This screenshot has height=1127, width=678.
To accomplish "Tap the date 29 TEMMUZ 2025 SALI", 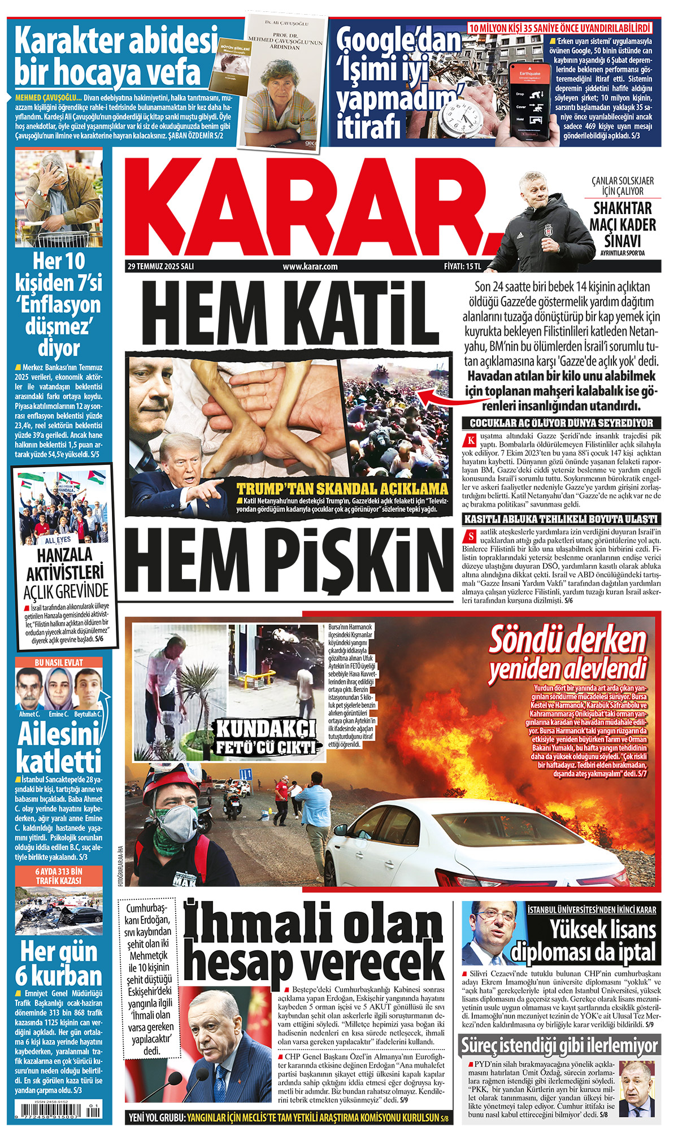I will pos(160,266).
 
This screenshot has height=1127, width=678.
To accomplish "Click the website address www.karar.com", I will pos(310,266).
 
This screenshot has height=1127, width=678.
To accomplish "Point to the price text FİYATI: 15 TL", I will pos(462,266).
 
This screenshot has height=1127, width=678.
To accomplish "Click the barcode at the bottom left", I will pos(59,1111).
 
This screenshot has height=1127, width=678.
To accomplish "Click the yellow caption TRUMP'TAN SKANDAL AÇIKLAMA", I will pos(342,489).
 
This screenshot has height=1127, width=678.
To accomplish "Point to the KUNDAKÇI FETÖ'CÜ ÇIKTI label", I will pos(266,737).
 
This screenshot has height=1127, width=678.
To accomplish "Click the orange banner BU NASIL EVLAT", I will pos(59,663).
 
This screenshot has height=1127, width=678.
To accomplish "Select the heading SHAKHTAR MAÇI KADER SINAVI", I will pos(623,224).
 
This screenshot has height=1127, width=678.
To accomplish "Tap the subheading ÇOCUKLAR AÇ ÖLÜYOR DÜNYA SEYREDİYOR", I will pos(561,423).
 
